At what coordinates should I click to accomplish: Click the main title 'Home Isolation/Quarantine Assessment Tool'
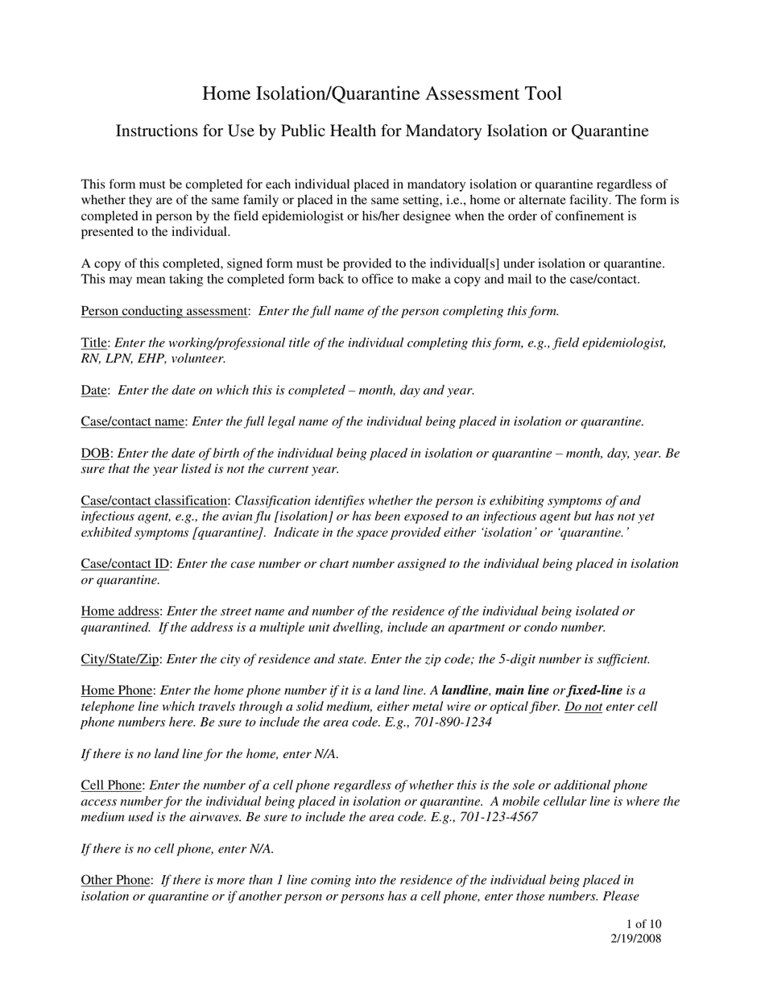[x=382, y=93]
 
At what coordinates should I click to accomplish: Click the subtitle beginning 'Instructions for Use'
[x=382, y=131]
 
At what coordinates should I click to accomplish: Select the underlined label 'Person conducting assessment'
[x=164, y=311]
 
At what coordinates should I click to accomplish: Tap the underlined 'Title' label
[x=94, y=342]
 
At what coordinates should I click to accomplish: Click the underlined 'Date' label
[x=94, y=390]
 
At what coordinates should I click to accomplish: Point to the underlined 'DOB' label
[x=94, y=453]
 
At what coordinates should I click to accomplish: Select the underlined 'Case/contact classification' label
[x=154, y=500]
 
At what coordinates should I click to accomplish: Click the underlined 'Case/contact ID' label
[x=125, y=563]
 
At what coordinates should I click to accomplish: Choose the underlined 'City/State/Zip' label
[x=120, y=658]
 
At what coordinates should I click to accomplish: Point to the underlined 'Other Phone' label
[x=115, y=880]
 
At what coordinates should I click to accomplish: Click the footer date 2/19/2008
[x=636, y=938]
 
